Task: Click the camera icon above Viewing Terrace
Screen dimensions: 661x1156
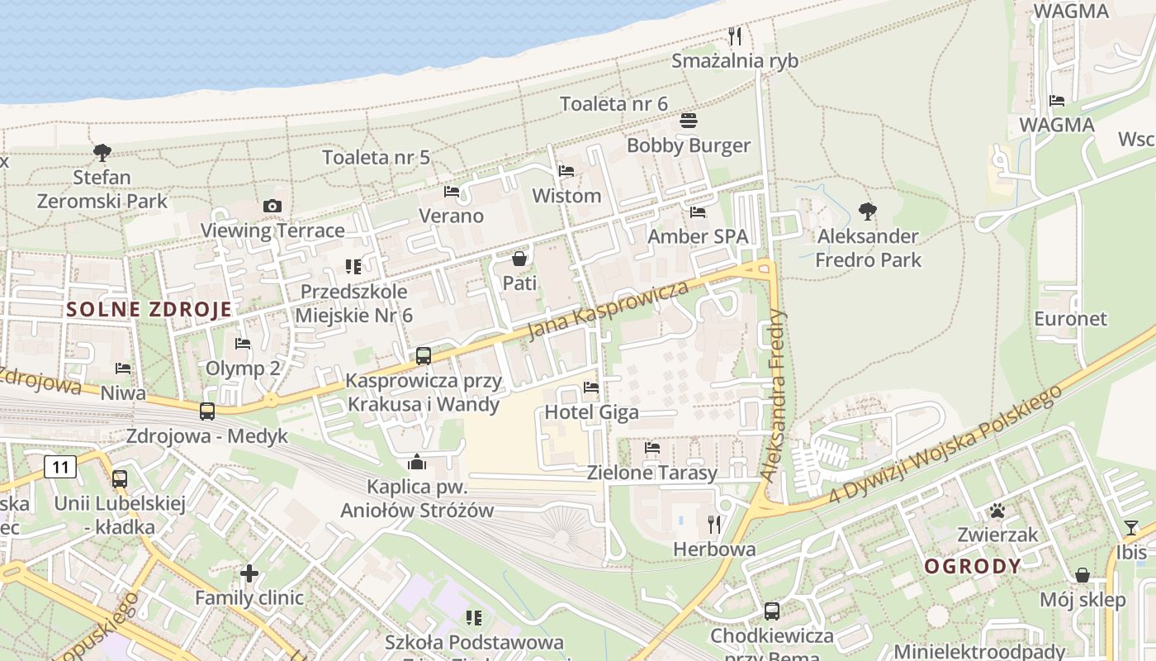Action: tap(272, 207)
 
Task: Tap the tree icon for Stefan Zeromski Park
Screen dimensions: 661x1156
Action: tap(102, 153)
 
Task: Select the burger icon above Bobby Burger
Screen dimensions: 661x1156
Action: tap(689, 121)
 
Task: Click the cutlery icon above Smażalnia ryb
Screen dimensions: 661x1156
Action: tap(735, 36)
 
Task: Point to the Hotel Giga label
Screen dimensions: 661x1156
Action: tap(591, 412)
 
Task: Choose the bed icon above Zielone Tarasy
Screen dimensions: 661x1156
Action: tap(652, 448)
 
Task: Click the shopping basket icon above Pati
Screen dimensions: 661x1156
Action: tap(519, 259)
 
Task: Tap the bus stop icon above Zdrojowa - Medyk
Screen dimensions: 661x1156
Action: tap(206, 411)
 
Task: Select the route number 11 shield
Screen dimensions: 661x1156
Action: tap(60, 467)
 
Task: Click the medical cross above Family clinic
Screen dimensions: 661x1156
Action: tap(249, 573)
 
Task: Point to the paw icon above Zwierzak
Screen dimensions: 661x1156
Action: tap(998, 511)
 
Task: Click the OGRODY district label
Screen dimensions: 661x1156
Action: tap(973, 567)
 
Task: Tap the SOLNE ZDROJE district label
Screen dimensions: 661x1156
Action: tap(149, 310)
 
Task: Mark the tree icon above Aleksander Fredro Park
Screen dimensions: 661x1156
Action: tap(867, 212)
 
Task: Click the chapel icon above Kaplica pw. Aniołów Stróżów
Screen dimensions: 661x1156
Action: tap(417, 461)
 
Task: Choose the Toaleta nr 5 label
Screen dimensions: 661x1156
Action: tap(376, 157)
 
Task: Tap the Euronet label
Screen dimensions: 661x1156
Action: tap(1070, 318)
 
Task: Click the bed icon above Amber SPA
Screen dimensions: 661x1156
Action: tap(698, 212)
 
